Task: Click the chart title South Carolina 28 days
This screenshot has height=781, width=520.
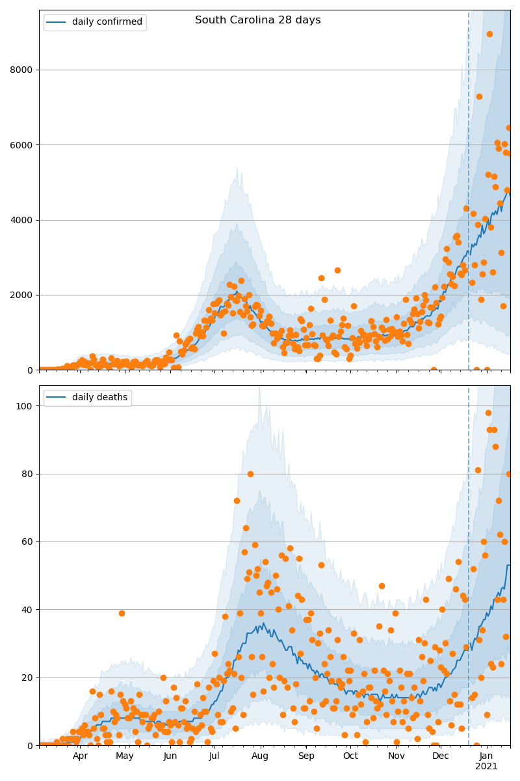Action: pos(257,20)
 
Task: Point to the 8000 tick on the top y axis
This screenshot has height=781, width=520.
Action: pos(21,70)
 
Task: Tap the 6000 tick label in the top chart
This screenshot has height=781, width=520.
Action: pos(21,144)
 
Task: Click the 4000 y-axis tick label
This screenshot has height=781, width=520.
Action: pos(21,220)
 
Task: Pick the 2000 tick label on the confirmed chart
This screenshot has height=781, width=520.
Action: pos(21,295)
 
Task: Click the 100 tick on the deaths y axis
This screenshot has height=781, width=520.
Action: pos(26,405)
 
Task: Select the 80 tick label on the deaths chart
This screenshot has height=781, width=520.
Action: pos(28,474)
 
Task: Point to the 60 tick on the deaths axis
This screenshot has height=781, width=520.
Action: pos(28,541)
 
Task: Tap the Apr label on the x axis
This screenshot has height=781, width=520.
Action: pos(80,756)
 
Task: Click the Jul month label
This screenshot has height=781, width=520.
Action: pos(214,756)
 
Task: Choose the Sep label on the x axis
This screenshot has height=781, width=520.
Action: pos(306,756)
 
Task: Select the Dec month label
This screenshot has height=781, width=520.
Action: pos(441,756)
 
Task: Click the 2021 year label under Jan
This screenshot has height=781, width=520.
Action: pos(486,767)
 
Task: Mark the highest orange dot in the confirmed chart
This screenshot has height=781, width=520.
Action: pos(489,34)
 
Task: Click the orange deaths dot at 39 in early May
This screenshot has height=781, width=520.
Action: pos(122,613)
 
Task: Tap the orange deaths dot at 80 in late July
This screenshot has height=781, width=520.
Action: pos(250,474)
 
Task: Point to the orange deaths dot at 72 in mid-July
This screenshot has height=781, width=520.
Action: pos(237,500)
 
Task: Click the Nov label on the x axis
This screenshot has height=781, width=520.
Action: pos(396,756)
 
